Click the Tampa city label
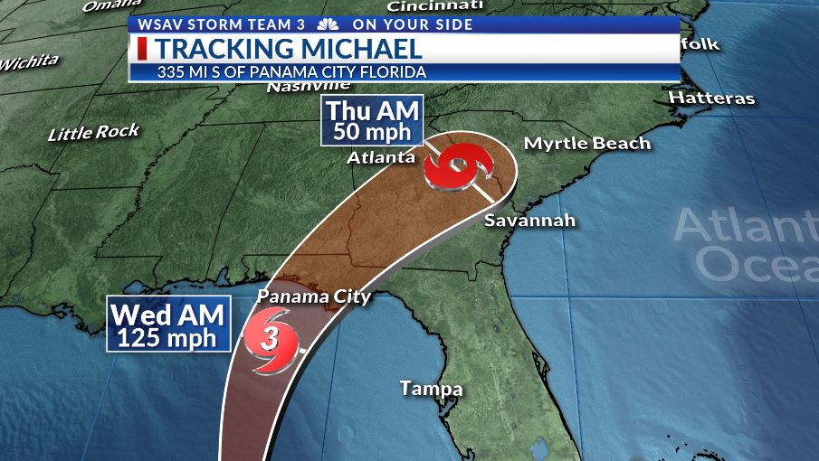click(432, 390)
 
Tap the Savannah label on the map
click(529, 221)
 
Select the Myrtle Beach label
click(587, 144)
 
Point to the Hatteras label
click(711, 98)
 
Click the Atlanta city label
click(381, 158)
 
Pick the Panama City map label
click(314, 296)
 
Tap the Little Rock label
click(94, 133)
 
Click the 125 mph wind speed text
click(167, 339)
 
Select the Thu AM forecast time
click(373, 111)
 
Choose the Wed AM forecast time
click(167, 316)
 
